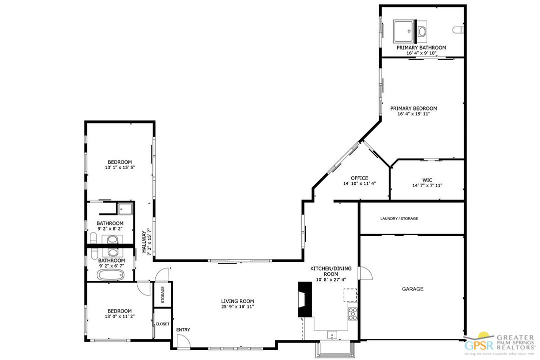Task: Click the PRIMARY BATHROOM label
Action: [421, 47]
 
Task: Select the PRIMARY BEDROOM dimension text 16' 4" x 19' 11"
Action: [414, 114]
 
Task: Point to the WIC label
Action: [427, 180]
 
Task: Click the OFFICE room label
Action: [359, 178]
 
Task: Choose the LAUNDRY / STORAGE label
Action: [399, 218]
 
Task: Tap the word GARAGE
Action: [413, 289]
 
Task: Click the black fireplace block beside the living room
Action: [305, 299]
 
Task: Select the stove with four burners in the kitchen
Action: [353, 314]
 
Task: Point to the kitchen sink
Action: [332, 334]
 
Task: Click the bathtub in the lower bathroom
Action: [110, 275]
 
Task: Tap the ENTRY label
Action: [183, 330]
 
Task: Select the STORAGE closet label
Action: [163, 295]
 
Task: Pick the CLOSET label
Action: [162, 324]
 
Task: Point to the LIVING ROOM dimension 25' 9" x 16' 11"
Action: [238, 306]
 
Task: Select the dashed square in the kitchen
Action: [350, 295]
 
